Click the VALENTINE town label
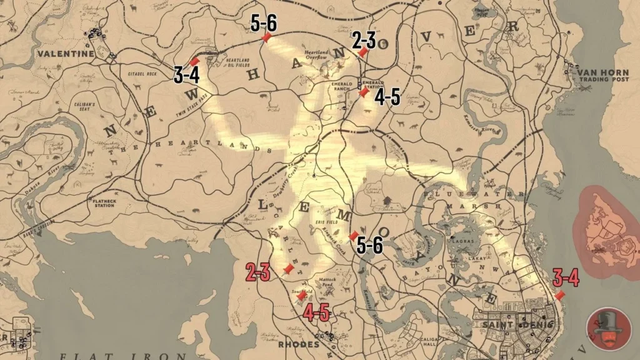pyautogui.click(x=65, y=54)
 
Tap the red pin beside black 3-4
pyautogui.click(x=194, y=62)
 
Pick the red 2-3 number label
pyautogui.click(x=257, y=272)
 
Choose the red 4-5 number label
pyautogui.click(x=316, y=312)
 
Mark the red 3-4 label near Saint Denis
pyautogui.click(x=566, y=277)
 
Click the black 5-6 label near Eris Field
pyautogui.click(x=369, y=246)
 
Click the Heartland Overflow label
pyautogui.click(x=316, y=54)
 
